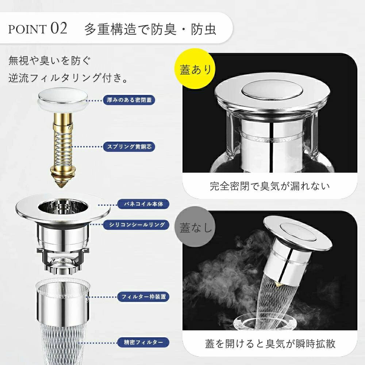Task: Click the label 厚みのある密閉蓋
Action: click(x=129, y=100)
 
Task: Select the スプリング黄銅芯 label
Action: click(x=129, y=147)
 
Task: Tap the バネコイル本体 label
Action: click(x=143, y=204)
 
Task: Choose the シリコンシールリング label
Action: click(x=136, y=224)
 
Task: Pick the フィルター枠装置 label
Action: click(x=143, y=297)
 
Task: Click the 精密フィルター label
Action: click(x=143, y=342)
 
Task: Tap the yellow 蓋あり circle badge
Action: click(x=195, y=69)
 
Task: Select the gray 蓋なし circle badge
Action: click(x=195, y=227)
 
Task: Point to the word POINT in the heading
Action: click(x=27, y=29)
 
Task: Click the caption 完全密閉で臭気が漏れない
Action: click(x=270, y=186)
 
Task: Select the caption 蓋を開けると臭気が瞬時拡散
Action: click(x=270, y=344)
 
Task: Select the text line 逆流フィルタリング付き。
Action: click(x=69, y=78)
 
